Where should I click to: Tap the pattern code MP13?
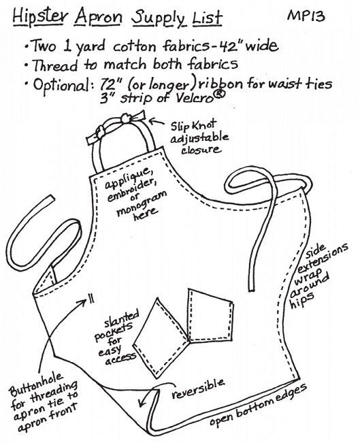pos(306,16)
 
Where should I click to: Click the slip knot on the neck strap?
pos(125,119)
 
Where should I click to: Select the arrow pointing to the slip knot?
pos(156,122)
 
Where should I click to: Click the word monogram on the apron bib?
pos(142,203)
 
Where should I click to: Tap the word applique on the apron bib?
pos(127,178)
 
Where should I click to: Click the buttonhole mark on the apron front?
pos(91,299)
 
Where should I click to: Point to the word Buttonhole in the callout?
pos(36,384)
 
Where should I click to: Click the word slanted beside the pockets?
pos(122,320)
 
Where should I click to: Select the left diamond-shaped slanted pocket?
pos(160,338)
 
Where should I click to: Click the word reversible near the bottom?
pos(198,389)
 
